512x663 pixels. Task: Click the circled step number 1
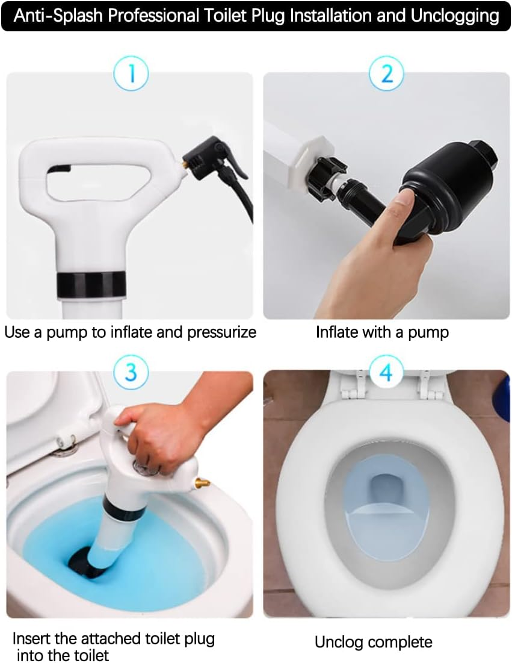(131, 75)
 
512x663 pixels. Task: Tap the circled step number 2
(386, 75)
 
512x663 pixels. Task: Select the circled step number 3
(131, 372)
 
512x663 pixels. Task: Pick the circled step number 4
(386, 372)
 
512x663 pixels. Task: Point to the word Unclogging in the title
(455, 16)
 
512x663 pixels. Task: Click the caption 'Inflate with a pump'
(382, 332)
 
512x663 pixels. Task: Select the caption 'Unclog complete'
(373, 642)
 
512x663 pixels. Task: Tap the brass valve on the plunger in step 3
(201, 482)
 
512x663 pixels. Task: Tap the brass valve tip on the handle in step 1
(183, 164)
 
